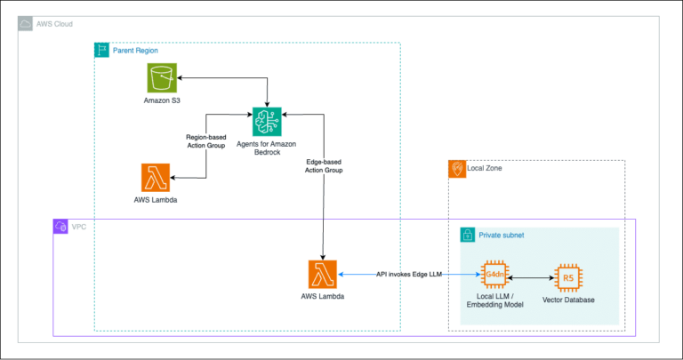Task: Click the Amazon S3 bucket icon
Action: click(162, 78)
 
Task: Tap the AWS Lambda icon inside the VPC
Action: click(322, 276)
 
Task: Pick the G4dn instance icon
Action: click(494, 276)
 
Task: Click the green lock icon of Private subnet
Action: click(466, 236)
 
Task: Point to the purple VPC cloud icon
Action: click(61, 227)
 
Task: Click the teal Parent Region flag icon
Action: click(102, 51)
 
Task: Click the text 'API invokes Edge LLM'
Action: click(410, 276)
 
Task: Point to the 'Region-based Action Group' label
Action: click(206, 141)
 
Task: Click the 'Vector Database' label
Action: click(568, 300)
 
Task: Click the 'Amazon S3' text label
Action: click(162, 100)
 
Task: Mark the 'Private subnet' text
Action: click(502, 236)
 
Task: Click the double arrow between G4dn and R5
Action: click(531, 277)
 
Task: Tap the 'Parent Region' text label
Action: click(135, 51)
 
